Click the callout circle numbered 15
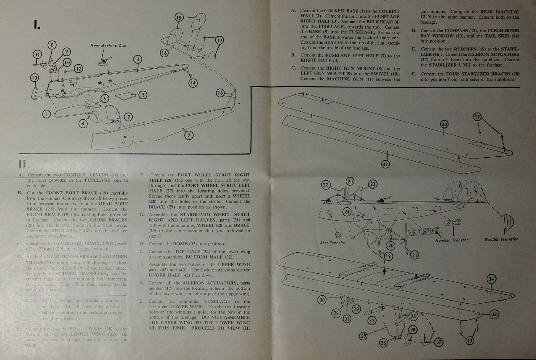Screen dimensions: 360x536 pos(179,17)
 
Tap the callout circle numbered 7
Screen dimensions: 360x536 pos(188,135)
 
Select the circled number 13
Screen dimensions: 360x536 pos(34,77)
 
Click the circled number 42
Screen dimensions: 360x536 pos(385,164)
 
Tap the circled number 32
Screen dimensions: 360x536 pos(494,314)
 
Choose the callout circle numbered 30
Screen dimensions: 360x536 pos(322,300)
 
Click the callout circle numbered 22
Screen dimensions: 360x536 pos(326,185)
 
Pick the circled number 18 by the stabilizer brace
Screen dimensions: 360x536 pos(220,93)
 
